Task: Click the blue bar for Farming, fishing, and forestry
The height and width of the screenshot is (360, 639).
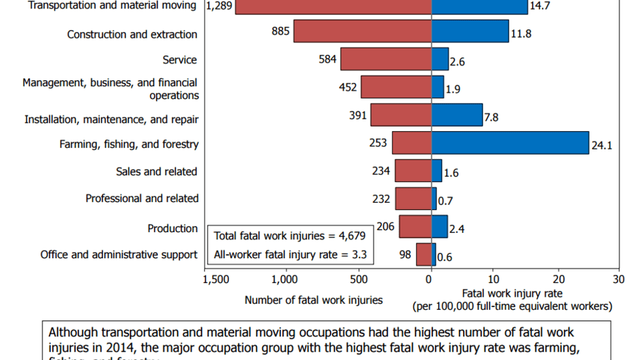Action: pyautogui.click(x=510, y=143)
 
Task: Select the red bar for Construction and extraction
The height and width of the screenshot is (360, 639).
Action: pyautogui.click(x=363, y=31)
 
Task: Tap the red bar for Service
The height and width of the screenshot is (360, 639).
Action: pyautogui.click(x=386, y=59)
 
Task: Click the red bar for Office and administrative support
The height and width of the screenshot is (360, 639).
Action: pyautogui.click(x=424, y=254)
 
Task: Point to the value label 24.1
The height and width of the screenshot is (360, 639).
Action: pyautogui.click(x=601, y=146)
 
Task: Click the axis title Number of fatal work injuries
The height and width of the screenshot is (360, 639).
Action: pyautogui.click(x=314, y=300)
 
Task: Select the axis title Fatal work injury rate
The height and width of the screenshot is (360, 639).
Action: pyautogui.click(x=512, y=293)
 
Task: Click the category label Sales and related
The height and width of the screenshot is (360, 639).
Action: pyautogui.click(x=156, y=172)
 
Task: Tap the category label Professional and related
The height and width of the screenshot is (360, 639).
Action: pyautogui.click(x=142, y=198)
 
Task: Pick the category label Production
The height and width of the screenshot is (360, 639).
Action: pyautogui.click(x=172, y=228)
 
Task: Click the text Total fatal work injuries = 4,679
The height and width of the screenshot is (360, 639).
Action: pyautogui.click(x=290, y=235)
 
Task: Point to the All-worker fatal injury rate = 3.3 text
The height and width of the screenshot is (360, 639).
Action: pyautogui.click(x=290, y=255)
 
